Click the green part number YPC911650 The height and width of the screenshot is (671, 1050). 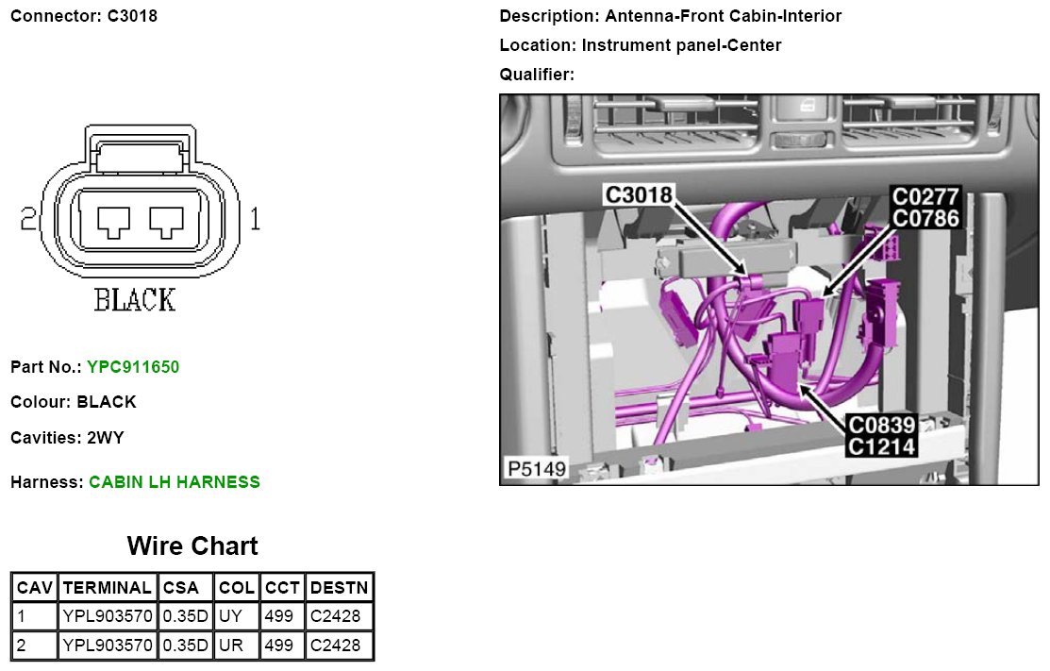point(133,367)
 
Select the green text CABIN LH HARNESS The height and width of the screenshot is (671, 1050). point(175,482)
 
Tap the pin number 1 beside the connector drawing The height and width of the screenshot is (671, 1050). point(255,219)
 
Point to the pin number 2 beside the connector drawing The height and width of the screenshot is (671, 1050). point(28,219)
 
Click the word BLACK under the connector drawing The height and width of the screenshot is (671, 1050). point(135,300)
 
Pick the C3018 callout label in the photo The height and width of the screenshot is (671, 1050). point(638,194)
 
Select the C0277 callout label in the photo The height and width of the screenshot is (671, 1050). point(926,196)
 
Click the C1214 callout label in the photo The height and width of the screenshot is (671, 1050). point(881,446)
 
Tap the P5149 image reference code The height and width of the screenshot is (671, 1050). point(537,468)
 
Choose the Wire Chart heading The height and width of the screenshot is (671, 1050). point(192,545)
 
